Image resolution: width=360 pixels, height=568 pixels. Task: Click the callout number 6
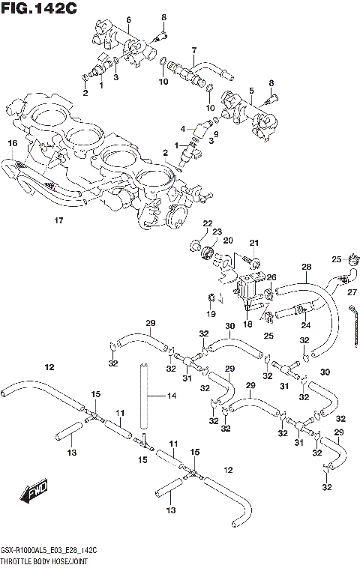[128, 19]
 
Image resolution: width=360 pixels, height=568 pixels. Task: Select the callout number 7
[193, 50]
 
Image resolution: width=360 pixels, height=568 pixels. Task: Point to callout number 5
[252, 90]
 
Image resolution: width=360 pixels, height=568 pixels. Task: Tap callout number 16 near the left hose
[12, 142]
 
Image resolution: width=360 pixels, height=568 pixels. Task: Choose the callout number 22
[207, 223]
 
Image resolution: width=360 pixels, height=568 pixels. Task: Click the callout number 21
[253, 242]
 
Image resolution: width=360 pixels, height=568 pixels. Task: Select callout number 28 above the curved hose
[306, 267]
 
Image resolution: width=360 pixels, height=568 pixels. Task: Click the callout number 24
[305, 325]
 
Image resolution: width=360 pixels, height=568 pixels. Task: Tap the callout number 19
[211, 313]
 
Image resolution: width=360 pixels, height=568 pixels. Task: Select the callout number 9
[215, 133]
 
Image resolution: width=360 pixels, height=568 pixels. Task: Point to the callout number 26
[271, 277]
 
